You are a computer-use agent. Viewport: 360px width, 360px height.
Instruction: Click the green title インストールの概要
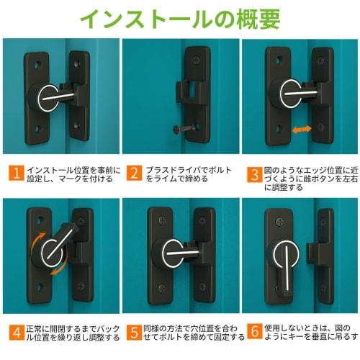[x=179, y=19]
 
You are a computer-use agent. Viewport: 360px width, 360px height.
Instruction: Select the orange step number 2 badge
[x=135, y=173]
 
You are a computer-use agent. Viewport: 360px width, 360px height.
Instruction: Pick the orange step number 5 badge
[x=135, y=332]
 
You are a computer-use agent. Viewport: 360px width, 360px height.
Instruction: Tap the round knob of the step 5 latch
[x=169, y=256]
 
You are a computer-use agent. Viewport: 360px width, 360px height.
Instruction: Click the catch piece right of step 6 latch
[x=318, y=256]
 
